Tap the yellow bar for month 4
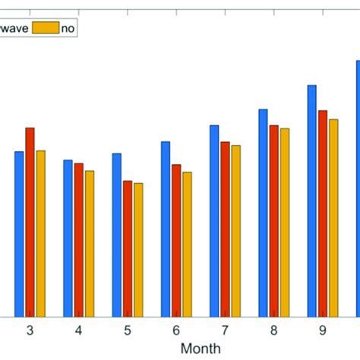pos(90,243)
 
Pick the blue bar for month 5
pos(117,235)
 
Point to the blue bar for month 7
pos(214,220)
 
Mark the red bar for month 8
pos(273,220)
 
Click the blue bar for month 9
pos(311,201)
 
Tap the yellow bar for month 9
pos(333,217)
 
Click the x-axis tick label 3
pos(30,330)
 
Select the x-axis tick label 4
pos(78,330)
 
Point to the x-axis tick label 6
pos(176,330)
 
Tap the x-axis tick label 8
pos(273,330)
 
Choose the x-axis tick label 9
pos(322,330)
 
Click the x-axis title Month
pos(201,349)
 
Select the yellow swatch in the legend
pos(46,28)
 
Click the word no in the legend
pos(68,28)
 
